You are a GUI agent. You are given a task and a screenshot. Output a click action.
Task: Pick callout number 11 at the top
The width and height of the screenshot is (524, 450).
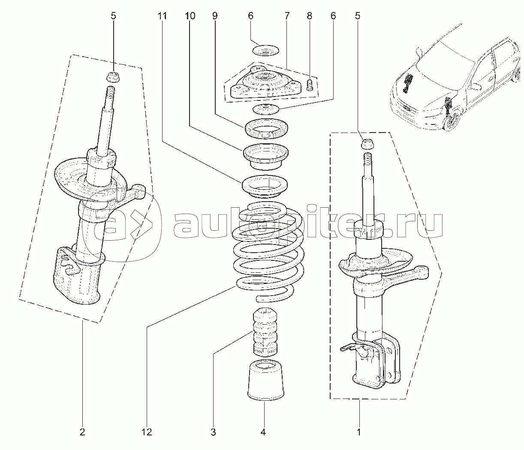[162, 16]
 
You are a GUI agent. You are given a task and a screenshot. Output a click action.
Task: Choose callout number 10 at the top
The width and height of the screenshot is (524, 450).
[190, 16]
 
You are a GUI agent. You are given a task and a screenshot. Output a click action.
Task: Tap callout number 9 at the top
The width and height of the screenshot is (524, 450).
[215, 16]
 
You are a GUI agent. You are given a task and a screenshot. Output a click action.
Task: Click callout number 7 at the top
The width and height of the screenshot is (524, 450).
[287, 16]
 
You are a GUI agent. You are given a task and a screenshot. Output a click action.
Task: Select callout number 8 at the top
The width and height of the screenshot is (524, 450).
[309, 16]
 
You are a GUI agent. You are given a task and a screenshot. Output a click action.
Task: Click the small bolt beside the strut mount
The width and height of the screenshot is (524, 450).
[309, 85]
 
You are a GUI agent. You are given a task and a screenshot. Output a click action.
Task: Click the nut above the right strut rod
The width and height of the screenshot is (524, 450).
[367, 145]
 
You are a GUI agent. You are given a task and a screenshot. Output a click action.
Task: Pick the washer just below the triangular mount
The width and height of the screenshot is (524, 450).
[266, 109]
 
